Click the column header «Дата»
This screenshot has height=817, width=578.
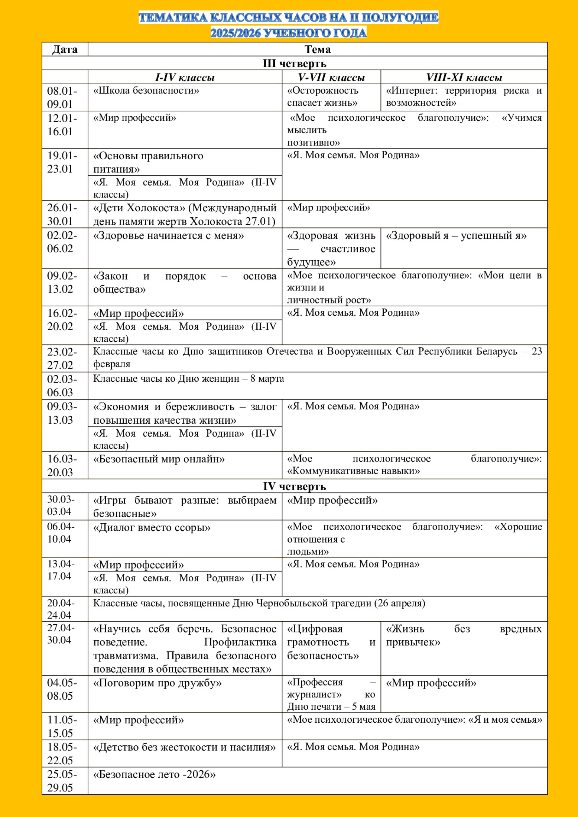tap(65, 49)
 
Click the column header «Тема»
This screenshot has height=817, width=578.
tap(317, 49)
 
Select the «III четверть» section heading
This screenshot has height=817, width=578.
tap(295, 64)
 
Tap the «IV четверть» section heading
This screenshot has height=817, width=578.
tap(295, 486)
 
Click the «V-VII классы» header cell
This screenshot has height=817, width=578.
tap(331, 77)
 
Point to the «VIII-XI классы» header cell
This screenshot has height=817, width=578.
tap(464, 77)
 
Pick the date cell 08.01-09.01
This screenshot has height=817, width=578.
tap(62, 97)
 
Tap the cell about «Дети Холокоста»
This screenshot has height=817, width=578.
tap(185, 214)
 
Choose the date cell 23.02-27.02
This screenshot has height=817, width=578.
tap(62, 358)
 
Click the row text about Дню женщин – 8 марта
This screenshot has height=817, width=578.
tap(188, 378)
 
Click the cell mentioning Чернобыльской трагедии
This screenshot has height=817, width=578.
tap(259, 603)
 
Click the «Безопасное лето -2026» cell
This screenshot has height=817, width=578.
tap(154, 774)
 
